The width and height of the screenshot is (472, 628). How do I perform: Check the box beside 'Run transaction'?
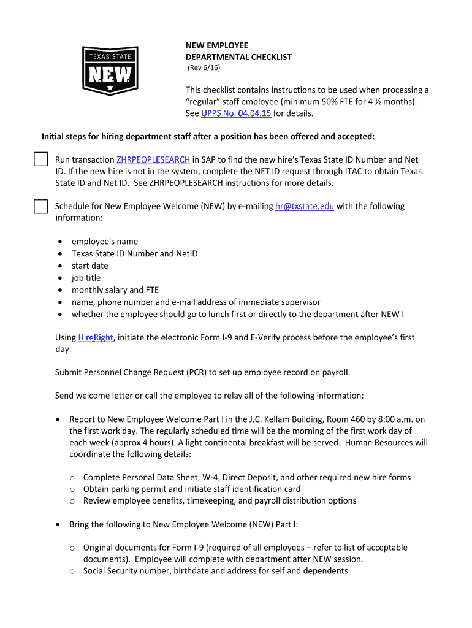40,160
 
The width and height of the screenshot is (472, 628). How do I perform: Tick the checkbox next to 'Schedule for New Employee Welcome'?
40,207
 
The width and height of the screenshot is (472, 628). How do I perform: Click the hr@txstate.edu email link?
305,206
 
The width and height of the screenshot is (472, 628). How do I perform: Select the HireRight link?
96,337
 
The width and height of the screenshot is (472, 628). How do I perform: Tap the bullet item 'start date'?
89,266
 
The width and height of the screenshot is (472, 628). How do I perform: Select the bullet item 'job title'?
86,278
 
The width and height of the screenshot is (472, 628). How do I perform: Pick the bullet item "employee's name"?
105,241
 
